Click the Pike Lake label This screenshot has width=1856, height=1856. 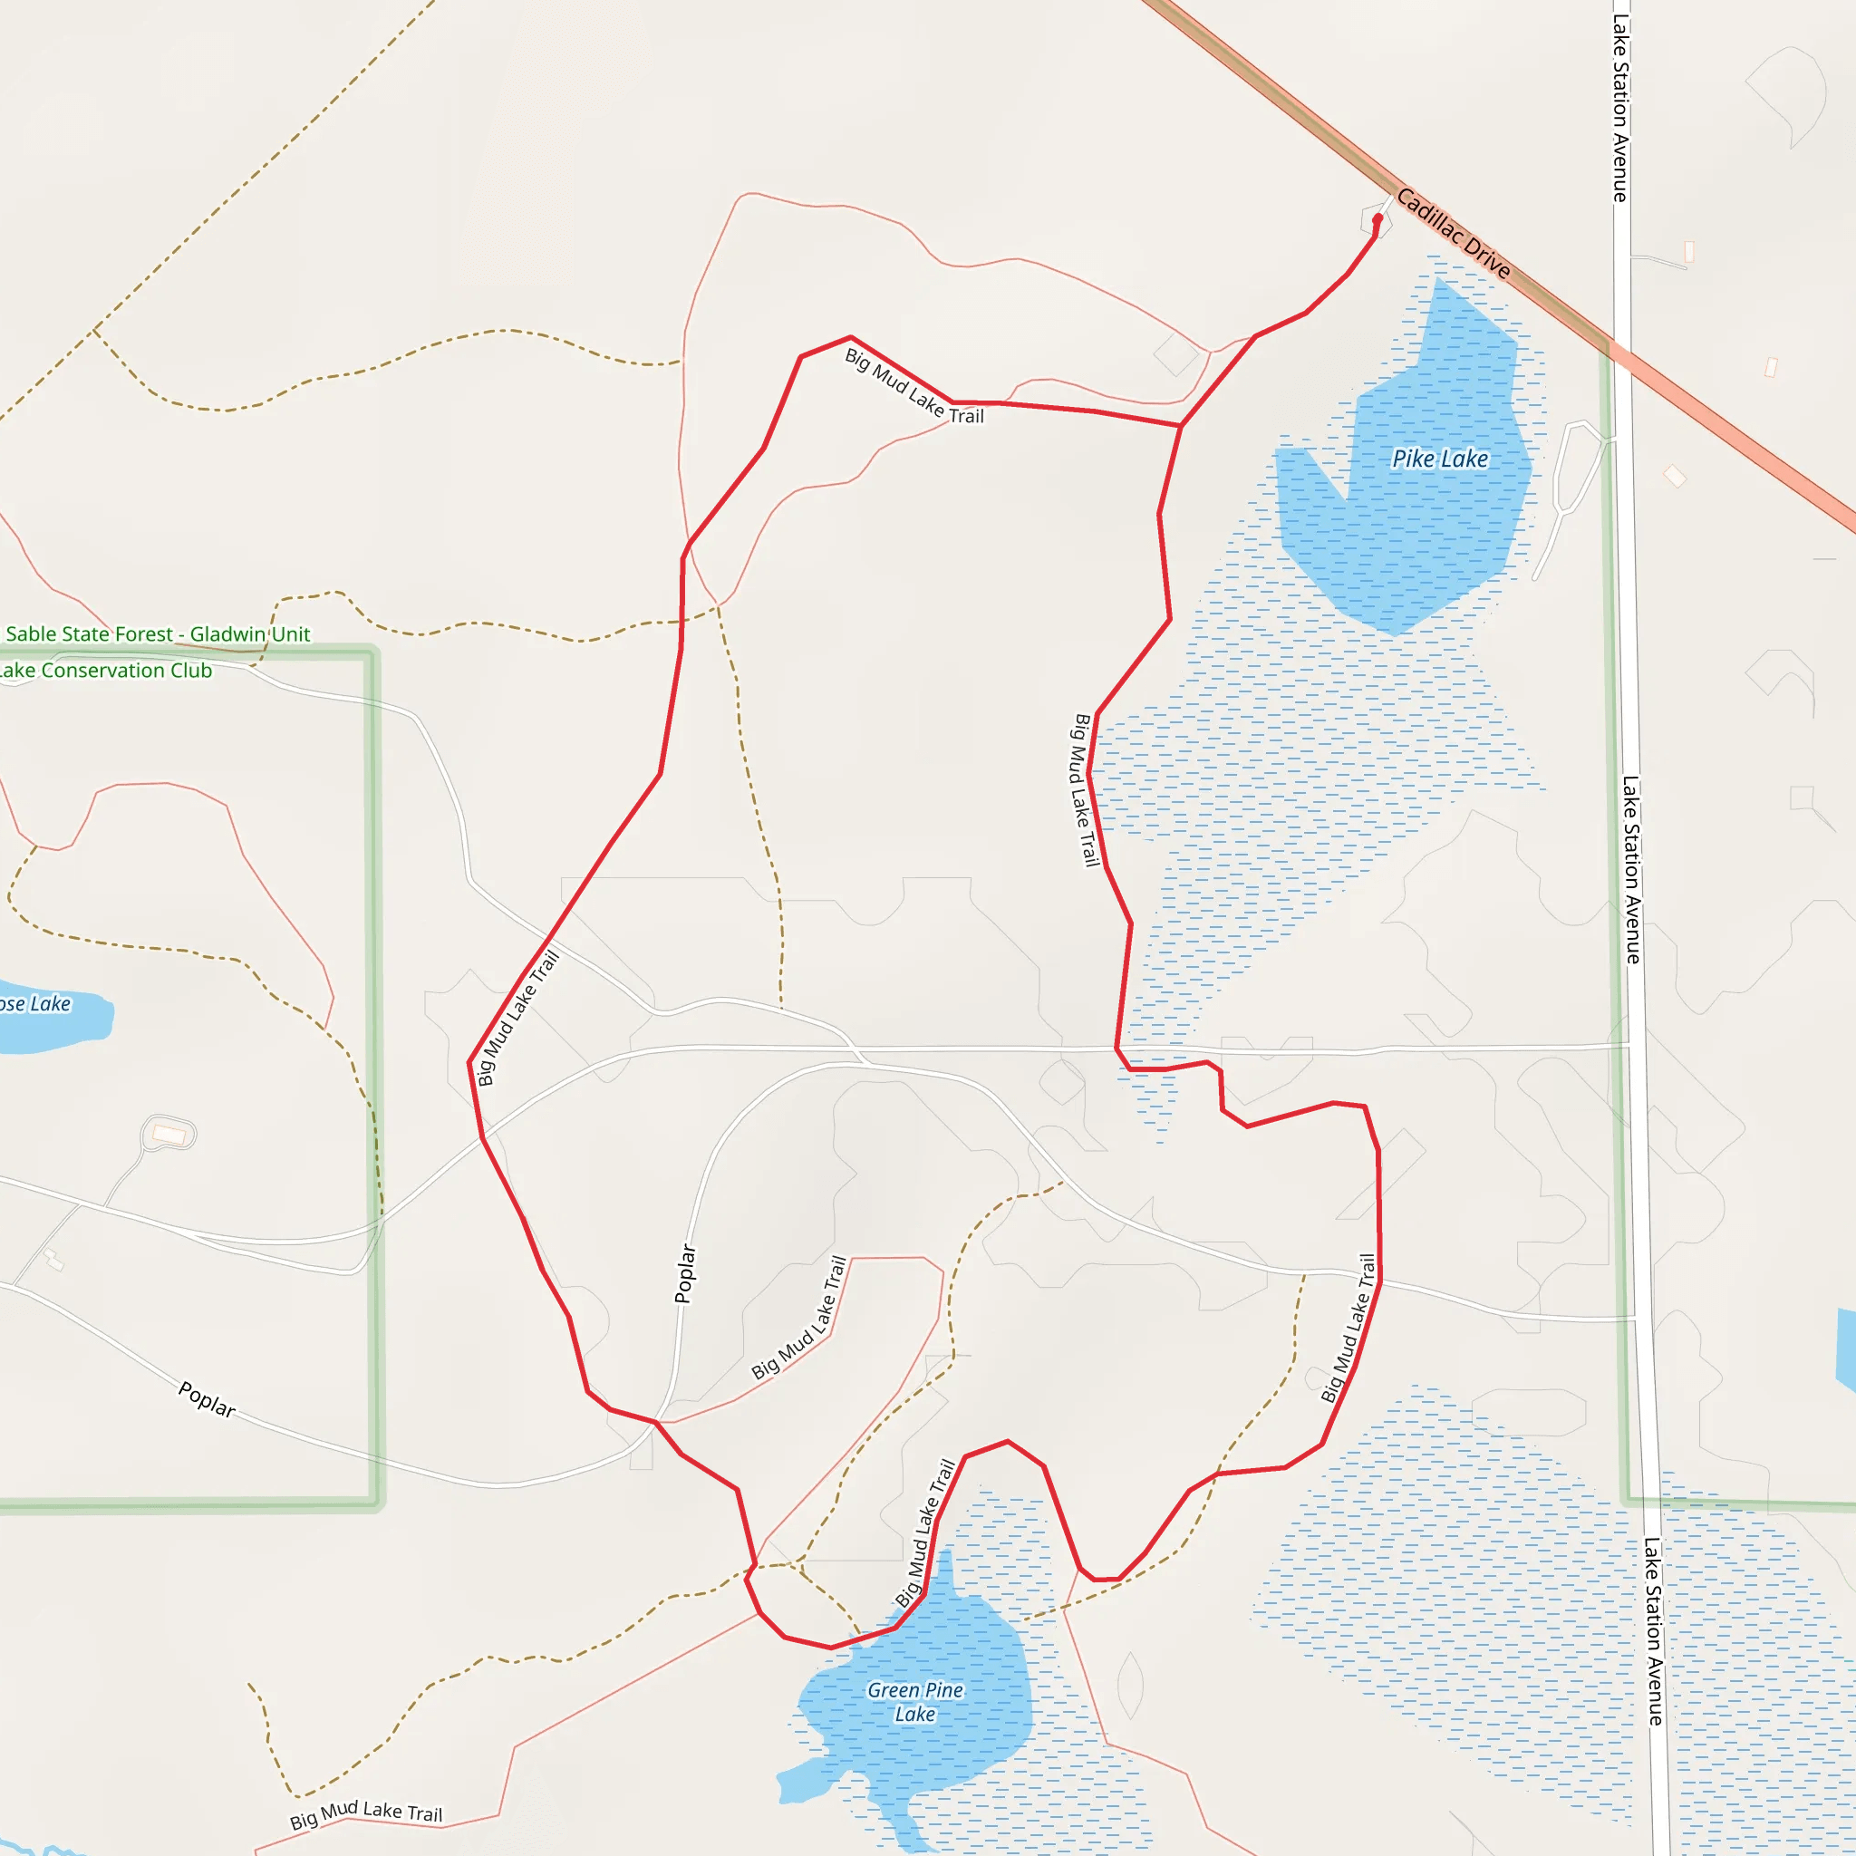pyautogui.click(x=1439, y=459)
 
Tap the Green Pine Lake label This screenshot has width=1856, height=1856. pyautogui.click(x=914, y=1701)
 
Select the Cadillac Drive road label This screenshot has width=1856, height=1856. pyautogui.click(x=1453, y=234)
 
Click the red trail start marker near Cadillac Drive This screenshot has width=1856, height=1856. pyautogui.click(x=1377, y=219)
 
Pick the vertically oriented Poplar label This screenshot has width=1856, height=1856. pyautogui.click(x=685, y=1273)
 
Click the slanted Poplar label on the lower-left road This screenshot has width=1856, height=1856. pyautogui.click(x=207, y=1398)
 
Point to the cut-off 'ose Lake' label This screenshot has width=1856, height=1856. pyautogui.click(x=35, y=1004)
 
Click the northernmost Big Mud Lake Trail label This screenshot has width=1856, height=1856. pyautogui.click(x=913, y=387)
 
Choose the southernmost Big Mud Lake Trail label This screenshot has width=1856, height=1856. pyautogui.click(x=366, y=1814)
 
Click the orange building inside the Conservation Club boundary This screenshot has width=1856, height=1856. pyautogui.click(x=169, y=1135)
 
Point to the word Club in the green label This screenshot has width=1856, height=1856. pyautogui.click(x=191, y=671)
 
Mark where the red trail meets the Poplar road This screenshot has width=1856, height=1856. pyautogui.click(x=656, y=1422)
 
